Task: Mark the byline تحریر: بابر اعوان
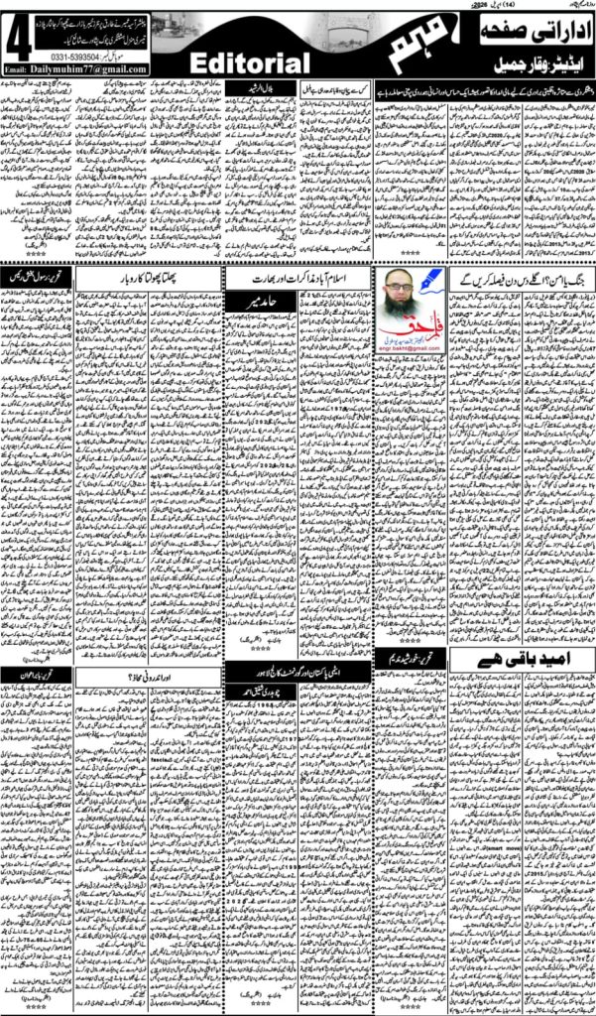click(x=37, y=677)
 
